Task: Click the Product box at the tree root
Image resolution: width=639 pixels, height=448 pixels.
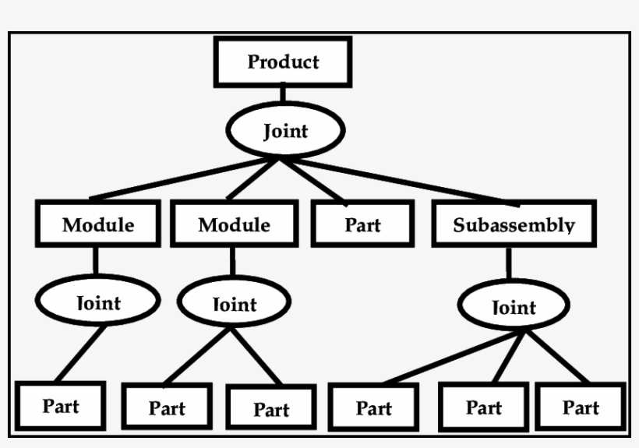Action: pyautogui.click(x=283, y=62)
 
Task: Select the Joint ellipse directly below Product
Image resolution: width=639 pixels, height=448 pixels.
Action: pyautogui.click(x=284, y=131)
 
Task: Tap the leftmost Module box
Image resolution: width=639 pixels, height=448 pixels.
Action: pyautogui.click(x=97, y=224)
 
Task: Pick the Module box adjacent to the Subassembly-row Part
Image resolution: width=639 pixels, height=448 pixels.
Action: pyautogui.click(x=233, y=224)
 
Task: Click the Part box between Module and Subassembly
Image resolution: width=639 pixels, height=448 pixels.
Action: pyautogui.click(x=362, y=224)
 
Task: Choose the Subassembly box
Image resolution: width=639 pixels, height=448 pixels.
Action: pyautogui.click(x=514, y=224)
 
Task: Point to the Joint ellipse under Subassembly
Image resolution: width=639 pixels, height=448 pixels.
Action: pyautogui.click(x=514, y=307)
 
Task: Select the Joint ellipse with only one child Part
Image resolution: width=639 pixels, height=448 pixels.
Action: pyautogui.click(x=98, y=301)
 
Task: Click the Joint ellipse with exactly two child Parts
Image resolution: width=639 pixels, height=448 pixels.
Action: pyautogui.click(x=234, y=303)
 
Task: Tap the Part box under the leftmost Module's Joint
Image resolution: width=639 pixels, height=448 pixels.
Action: pyautogui.click(x=61, y=406)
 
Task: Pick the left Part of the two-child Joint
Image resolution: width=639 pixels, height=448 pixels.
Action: pyautogui.click(x=167, y=407)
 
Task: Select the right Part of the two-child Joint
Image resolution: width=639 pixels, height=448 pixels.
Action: pyautogui.click(x=271, y=408)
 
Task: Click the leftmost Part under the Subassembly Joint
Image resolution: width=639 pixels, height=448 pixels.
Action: pyautogui.click(x=373, y=407)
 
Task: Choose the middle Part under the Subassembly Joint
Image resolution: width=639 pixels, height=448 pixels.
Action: pyautogui.click(x=483, y=407)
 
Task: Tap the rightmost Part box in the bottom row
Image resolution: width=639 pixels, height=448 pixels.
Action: pyautogui.click(x=581, y=407)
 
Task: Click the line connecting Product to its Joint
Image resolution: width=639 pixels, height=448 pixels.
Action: pyautogui.click(x=282, y=93)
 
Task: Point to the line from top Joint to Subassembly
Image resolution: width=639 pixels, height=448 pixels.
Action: pyautogui.click(x=405, y=181)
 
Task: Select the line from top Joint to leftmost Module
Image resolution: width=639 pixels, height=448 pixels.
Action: pyautogui.click(x=179, y=179)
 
